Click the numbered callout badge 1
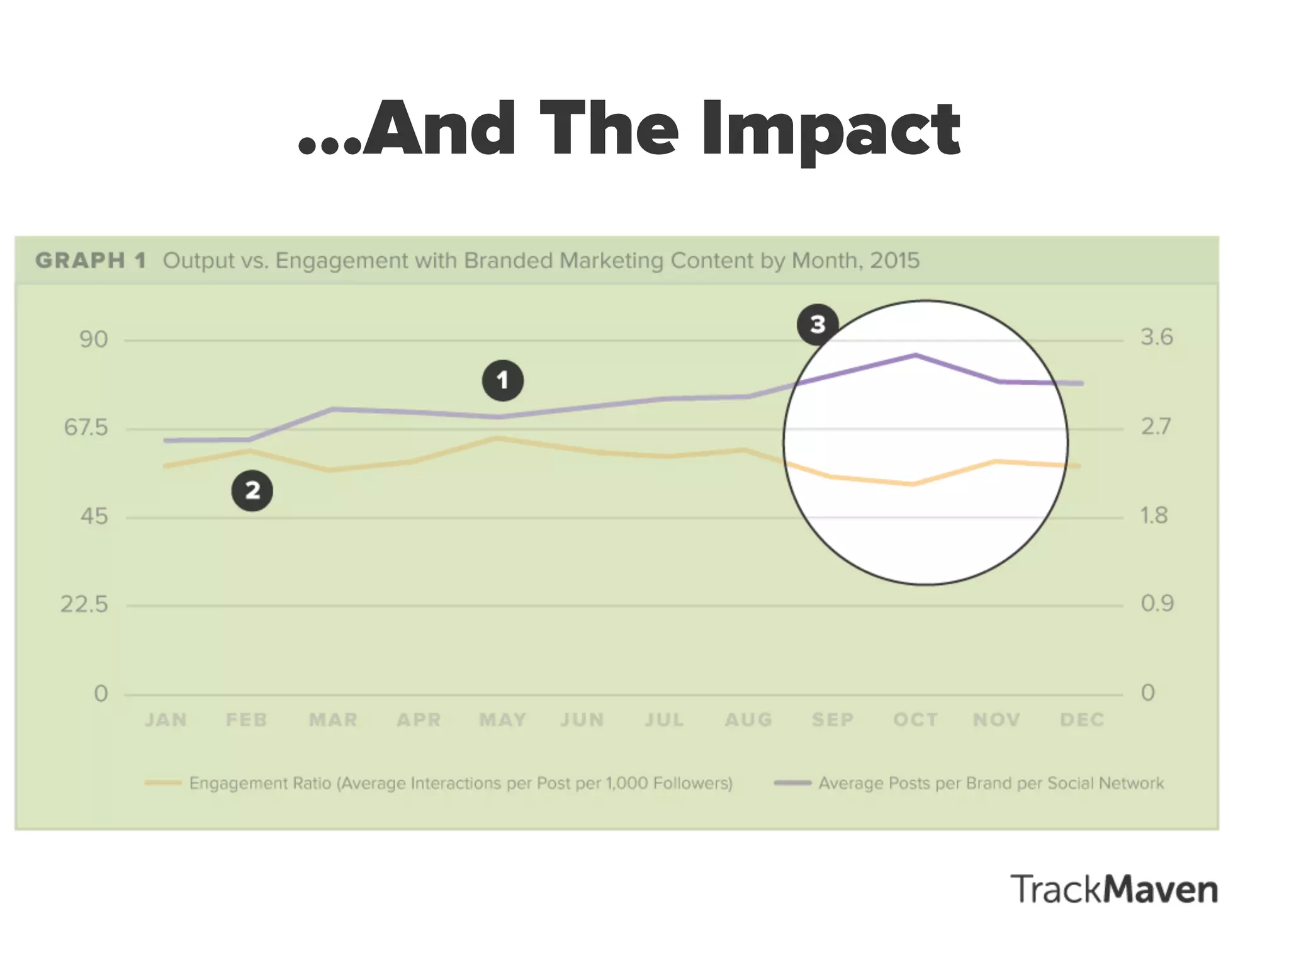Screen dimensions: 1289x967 [502, 380]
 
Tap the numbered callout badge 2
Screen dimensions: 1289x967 [252, 490]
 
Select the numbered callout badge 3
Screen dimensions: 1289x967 [817, 324]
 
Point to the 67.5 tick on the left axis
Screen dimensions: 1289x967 [86, 428]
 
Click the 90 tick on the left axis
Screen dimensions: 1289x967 [94, 339]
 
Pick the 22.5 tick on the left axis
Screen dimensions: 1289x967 [85, 605]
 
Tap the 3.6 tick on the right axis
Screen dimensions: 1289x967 [1157, 337]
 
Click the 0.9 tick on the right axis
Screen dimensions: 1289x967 [1157, 604]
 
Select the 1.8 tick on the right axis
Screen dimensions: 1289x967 [1154, 516]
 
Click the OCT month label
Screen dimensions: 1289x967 [916, 720]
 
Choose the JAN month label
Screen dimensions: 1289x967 [166, 720]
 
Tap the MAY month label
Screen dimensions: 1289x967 [502, 720]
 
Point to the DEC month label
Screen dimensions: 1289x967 [1082, 720]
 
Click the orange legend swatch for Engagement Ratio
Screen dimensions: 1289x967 [163, 783]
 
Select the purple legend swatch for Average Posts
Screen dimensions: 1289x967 [792, 783]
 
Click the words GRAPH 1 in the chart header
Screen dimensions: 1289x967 [91, 261]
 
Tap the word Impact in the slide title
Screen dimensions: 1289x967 [831, 131]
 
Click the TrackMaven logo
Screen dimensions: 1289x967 [1114, 890]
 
